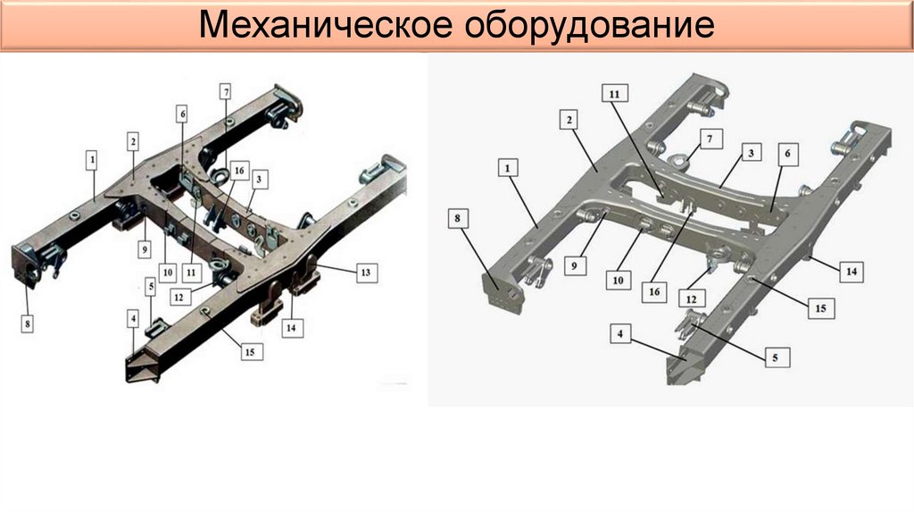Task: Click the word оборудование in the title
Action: click(590, 26)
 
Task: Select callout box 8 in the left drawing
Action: click(28, 324)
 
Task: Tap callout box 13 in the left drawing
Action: click(366, 273)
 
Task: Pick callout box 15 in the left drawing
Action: click(250, 352)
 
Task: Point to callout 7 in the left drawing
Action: click(225, 92)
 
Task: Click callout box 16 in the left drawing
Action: click(238, 171)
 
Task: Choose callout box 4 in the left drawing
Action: click(134, 319)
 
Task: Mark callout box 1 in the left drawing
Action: click(92, 160)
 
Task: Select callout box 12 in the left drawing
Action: click(179, 297)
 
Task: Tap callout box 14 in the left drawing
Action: click(291, 328)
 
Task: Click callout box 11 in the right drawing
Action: click(615, 93)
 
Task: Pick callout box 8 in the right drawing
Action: click(458, 218)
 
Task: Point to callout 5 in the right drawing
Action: click(776, 357)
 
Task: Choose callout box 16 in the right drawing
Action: click(654, 291)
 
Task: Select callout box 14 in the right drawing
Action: click(852, 272)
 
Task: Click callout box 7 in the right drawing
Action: click(710, 139)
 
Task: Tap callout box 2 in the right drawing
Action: click(569, 120)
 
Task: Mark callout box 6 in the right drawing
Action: click(787, 154)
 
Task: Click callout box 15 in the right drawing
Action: click(821, 308)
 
